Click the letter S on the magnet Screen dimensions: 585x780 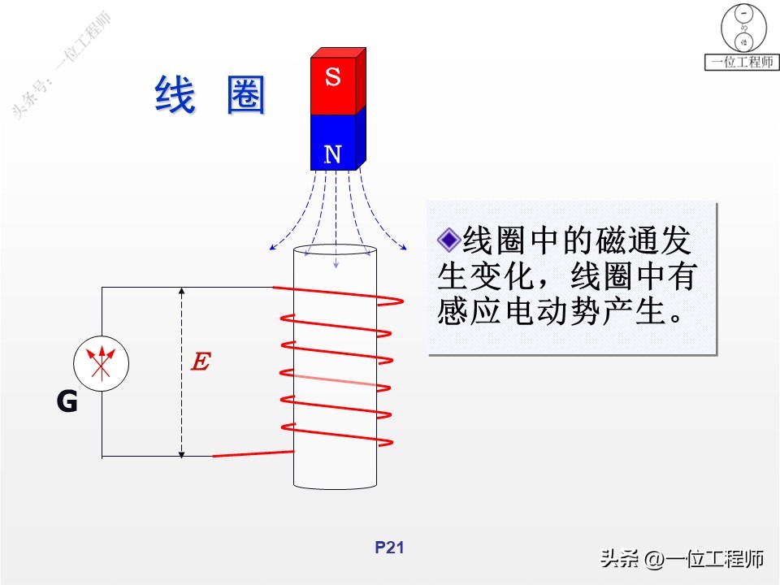tap(332, 78)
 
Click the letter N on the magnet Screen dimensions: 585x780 tap(332, 154)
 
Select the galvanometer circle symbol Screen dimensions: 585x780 tap(102, 365)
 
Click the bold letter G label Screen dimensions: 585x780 tap(67, 401)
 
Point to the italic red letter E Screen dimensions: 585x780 tap(199, 362)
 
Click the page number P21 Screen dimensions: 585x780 tap(389, 548)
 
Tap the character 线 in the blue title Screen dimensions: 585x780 tap(175, 95)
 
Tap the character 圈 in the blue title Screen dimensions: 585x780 tap(246, 95)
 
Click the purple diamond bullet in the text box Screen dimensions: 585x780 tap(448, 239)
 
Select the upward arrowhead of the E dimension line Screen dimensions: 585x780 tap(182, 291)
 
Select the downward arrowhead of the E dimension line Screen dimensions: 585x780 tap(182, 451)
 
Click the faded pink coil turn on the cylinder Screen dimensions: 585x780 tap(333, 380)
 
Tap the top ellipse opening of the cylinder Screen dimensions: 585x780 tap(335, 251)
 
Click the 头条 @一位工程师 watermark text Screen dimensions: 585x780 tap(682, 558)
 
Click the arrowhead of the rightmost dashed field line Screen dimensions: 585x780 tap(403, 245)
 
